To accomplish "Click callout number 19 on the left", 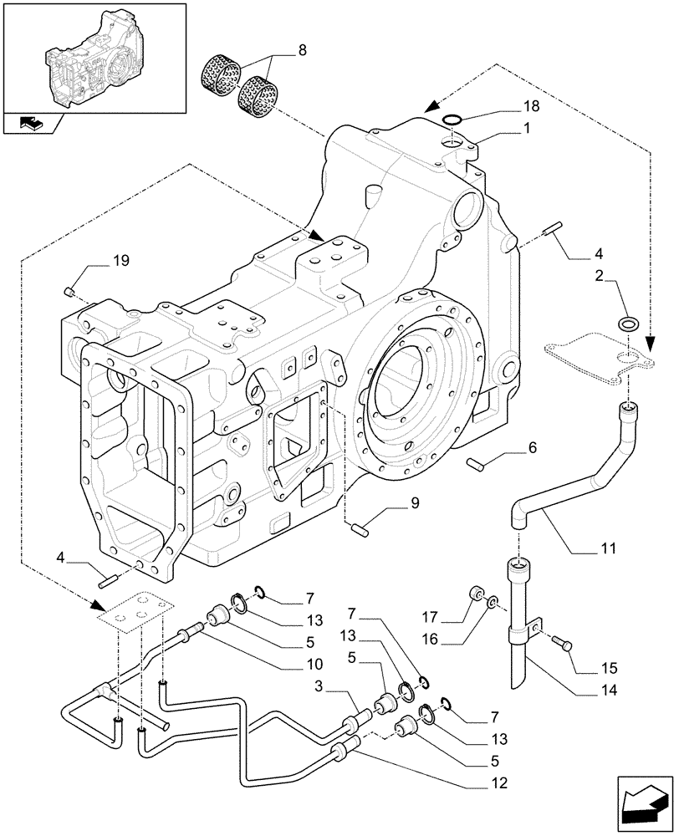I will [x=121, y=262].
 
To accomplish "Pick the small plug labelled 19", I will [x=70, y=291].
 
